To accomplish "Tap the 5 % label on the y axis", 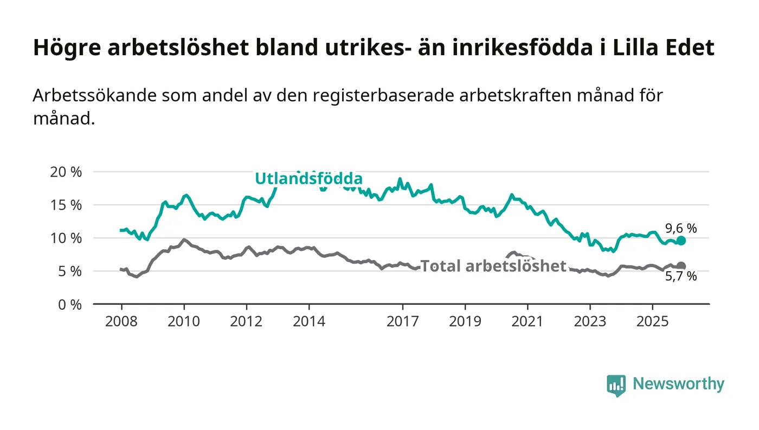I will [70, 271].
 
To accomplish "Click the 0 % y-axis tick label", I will [70, 304].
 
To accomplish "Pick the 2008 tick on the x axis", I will [121, 321].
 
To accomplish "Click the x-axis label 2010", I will [184, 321].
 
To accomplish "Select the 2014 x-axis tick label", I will [309, 321].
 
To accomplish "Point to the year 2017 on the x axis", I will [402, 321].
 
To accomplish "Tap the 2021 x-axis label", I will [528, 321].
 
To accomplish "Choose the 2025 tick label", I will [652, 321].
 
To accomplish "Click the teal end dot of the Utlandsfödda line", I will [681, 240].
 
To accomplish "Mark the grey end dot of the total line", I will [681, 266].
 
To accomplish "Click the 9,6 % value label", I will [681, 229].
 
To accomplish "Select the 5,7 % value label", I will [681, 277].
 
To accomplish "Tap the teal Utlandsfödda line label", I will [308, 178].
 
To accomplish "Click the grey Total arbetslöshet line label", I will [493, 266].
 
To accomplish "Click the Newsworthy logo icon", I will [616, 385].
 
